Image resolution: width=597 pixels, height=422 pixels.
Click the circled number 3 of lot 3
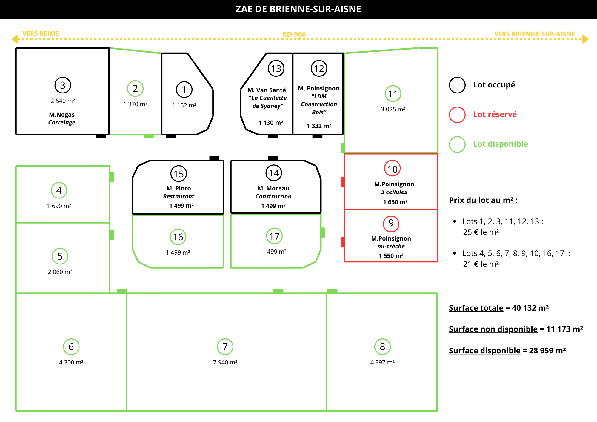pyautogui.click(x=63, y=85)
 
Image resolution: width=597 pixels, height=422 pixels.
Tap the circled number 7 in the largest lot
pyautogui.click(x=225, y=346)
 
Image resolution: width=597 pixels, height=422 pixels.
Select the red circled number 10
pyautogui.click(x=392, y=169)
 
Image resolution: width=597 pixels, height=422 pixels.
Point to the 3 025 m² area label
pyautogui.click(x=393, y=109)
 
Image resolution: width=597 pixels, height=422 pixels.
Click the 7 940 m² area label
pyautogui.click(x=225, y=362)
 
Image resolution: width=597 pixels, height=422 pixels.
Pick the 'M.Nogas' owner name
pyautogui.click(x=62, y=115)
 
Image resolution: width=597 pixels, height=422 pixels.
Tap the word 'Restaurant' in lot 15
pyautogui.click(x=179, y=196)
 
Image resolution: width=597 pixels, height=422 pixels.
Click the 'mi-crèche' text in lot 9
pyautogui.click(x=391, y=246)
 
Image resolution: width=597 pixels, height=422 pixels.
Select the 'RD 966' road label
pyautogui.click(x=294, y=34)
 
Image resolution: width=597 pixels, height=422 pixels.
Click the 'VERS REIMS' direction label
pyautogui.click(x=41, y=34)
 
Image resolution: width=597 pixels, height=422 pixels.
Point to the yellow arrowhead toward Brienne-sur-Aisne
pyautogui.click(x=585, y=39)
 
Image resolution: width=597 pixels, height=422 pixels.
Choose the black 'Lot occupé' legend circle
pyautogui.click(x=457, y=85)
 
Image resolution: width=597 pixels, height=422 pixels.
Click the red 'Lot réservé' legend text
pyautogui.click(x=495, y=114)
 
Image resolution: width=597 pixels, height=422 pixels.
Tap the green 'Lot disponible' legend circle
pyautogui.click(x=457, y=144)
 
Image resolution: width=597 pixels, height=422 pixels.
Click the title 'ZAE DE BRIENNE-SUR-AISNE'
pyautogui.click(x=298, y=9)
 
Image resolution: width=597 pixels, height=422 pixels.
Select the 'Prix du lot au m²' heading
pyautogui.click(x=484, y=200)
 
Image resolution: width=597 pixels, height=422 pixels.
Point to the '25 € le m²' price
pyautogui.click(x=481, y=232)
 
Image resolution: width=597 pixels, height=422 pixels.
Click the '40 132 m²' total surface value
pyautogui.click(x=530, y=308)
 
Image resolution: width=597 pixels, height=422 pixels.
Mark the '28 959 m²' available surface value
pyautogui.click(x=547, y=351)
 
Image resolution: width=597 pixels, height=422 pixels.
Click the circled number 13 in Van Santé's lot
pyautogui.click(x=276, y=69)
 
